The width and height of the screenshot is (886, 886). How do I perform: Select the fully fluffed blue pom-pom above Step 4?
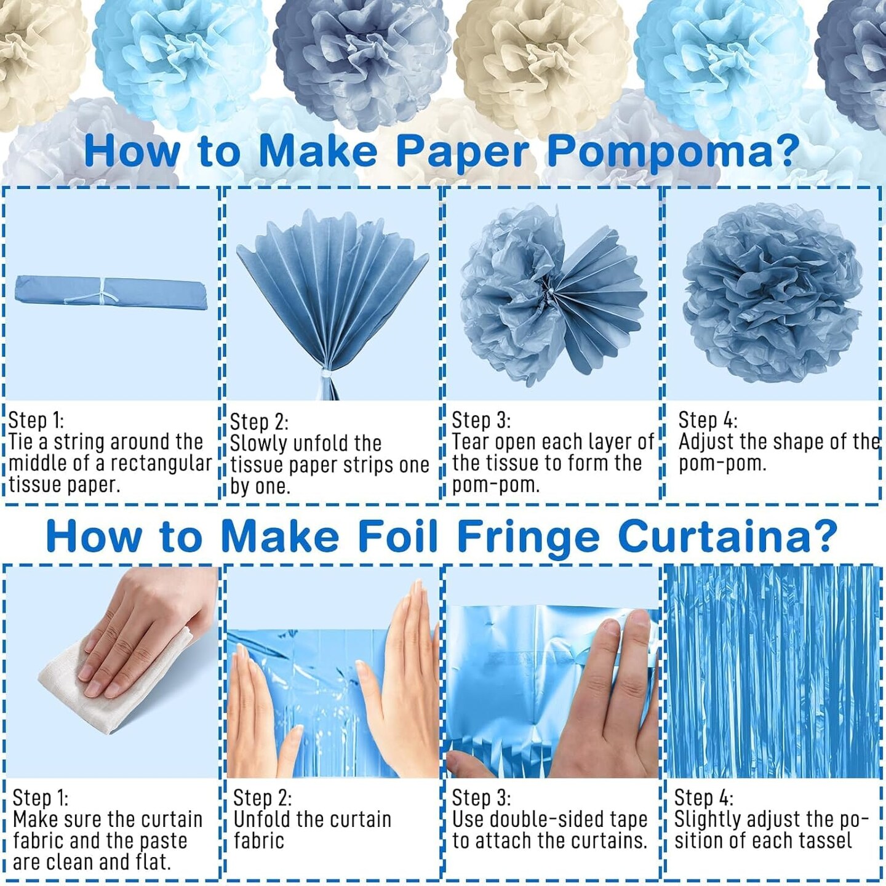pos(772,293)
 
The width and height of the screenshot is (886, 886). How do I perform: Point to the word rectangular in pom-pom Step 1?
pos(154,463)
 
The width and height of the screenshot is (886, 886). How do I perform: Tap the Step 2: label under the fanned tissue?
pos(259,421)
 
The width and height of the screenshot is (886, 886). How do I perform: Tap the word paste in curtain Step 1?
pos(164,842)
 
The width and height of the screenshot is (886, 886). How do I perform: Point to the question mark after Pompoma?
pos(784,151)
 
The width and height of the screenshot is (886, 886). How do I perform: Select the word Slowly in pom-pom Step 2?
pos(259,444)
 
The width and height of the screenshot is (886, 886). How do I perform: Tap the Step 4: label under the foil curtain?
pos(703,798)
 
